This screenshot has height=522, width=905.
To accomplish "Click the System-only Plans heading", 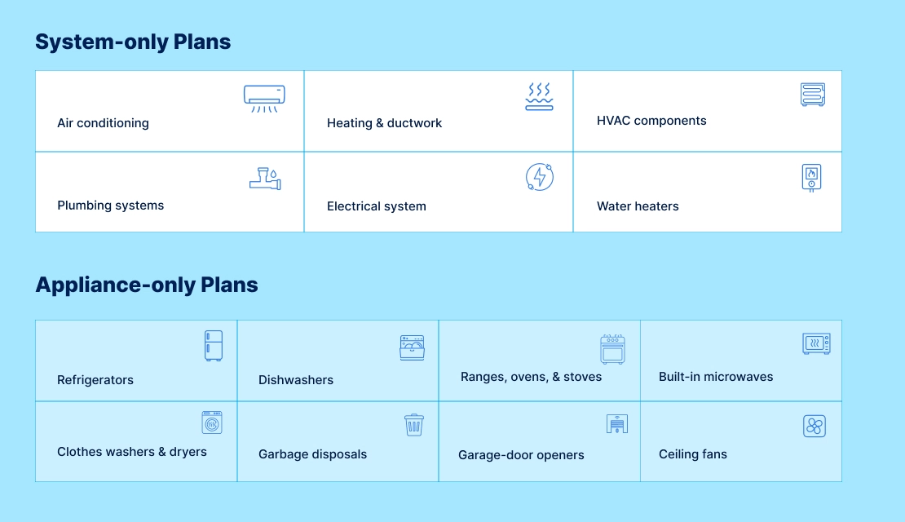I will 133,42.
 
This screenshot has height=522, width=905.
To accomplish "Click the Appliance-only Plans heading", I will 147,285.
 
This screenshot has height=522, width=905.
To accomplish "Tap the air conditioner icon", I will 264,98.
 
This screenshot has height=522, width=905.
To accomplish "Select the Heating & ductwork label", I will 384,123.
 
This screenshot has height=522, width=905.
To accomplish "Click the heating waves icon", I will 539,96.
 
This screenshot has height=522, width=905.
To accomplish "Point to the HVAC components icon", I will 813,95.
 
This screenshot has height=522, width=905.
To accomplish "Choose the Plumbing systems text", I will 110,206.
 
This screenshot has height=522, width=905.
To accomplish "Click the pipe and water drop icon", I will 265,179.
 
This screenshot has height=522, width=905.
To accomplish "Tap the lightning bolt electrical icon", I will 540,177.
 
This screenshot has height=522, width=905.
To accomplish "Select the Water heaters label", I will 638,206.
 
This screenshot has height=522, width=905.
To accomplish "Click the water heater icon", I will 811,177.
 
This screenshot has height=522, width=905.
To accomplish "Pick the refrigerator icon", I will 213,346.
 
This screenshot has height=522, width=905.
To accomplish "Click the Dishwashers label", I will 296,380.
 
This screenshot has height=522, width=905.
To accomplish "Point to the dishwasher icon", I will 413,347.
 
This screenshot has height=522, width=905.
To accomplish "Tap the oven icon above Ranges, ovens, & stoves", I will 612,349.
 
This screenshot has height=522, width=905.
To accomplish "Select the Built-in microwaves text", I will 716,377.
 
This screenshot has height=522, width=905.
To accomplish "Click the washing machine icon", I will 212,422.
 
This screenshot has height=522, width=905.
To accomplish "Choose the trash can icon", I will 414,425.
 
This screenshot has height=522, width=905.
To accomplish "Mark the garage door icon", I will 617,424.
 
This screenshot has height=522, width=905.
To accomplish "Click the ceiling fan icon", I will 814,426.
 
